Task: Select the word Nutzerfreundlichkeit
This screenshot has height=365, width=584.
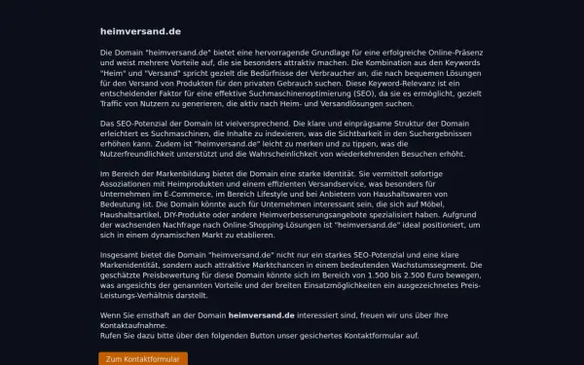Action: coord(144,154)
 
